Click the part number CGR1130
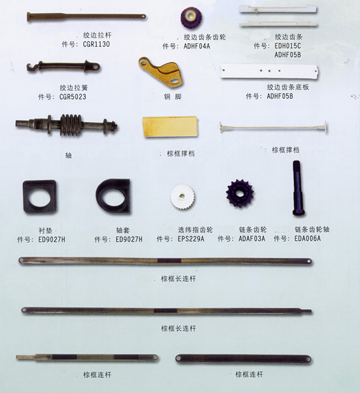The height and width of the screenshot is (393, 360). point(96,44)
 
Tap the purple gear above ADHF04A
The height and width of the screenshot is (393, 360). point(191,18)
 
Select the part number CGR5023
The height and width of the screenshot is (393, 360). point(73,97)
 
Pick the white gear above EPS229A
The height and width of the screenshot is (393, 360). point(183,196)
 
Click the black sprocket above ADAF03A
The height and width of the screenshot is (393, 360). point(240,193)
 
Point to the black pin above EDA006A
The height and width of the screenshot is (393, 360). point(298,188)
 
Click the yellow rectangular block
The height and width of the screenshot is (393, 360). point(170,126)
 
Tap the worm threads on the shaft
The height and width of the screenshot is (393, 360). point(71,125)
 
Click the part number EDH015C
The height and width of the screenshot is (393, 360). point(287,46)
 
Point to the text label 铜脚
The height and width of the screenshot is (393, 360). point(173,97)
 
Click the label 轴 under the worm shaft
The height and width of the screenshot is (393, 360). point(68,155)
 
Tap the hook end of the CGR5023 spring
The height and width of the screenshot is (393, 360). point(31,67)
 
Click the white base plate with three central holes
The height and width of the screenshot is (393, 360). point(269,71)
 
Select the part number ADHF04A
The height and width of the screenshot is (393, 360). point(197,47)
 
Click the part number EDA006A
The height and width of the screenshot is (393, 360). point(308,238)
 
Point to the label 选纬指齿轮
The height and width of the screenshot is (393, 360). point(196,230)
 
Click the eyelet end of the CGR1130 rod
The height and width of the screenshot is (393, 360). point(143,17)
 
